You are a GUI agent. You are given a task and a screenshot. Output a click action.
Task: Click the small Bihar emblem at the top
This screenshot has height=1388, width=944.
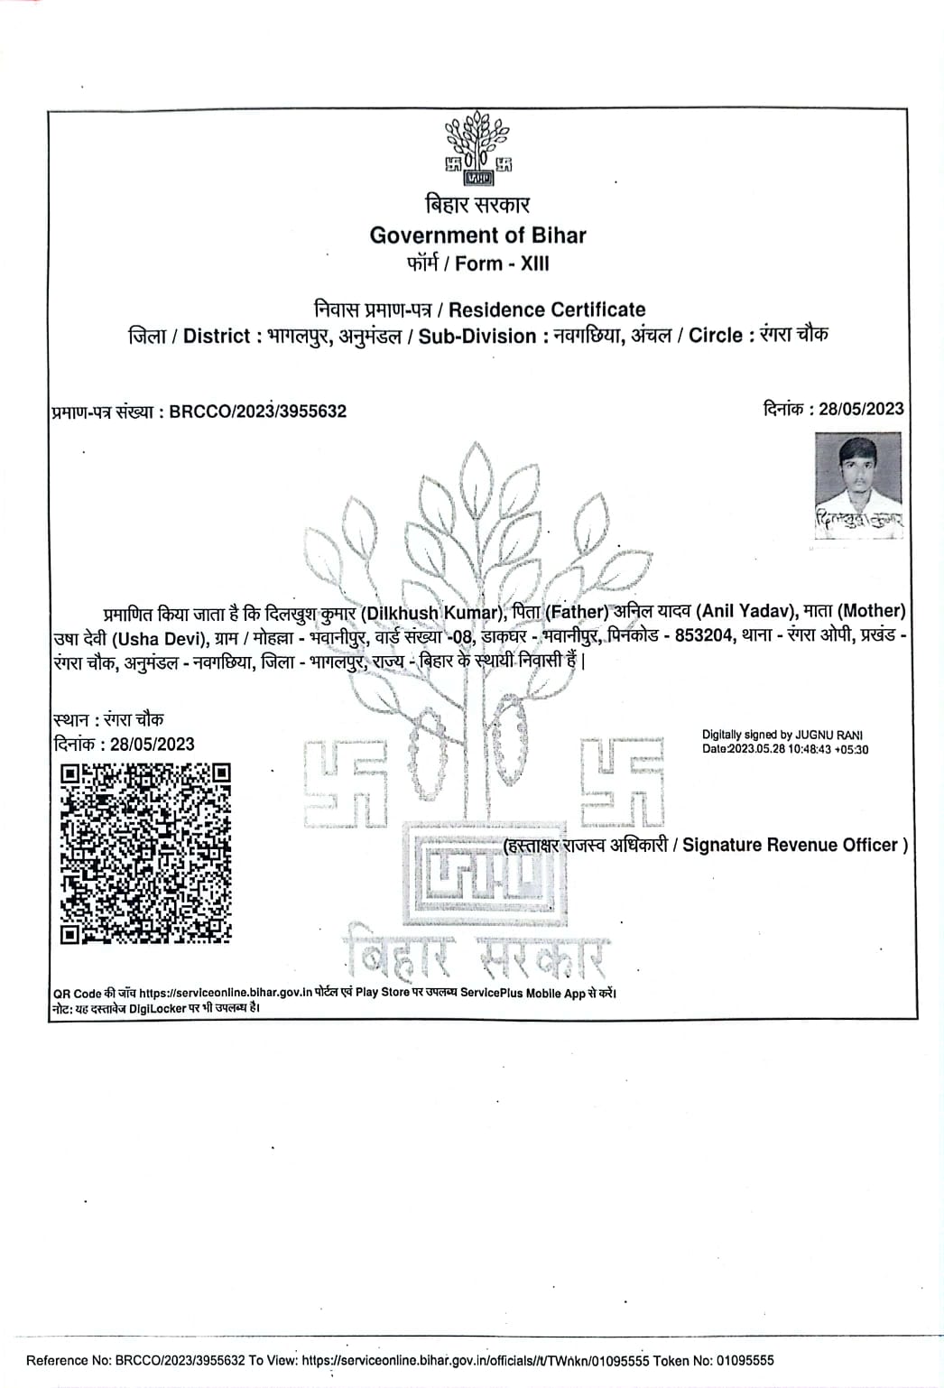click(x=477, y=147)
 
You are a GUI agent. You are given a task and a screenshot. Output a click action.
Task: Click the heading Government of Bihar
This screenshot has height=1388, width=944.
click(x=477, y=236)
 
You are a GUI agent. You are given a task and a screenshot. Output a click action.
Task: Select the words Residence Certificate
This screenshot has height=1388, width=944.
click(x=547, y=310)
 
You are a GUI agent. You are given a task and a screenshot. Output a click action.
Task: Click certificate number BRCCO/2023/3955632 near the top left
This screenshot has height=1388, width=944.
click(x=257, y=412)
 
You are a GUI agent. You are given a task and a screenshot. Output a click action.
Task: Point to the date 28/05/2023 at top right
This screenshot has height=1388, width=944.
click(x=860, y=409)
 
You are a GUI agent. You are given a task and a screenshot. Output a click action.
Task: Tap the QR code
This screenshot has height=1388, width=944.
click(x=144, y=853)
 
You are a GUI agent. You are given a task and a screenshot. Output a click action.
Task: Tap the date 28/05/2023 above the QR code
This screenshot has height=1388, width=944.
click(x=152, y=745)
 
